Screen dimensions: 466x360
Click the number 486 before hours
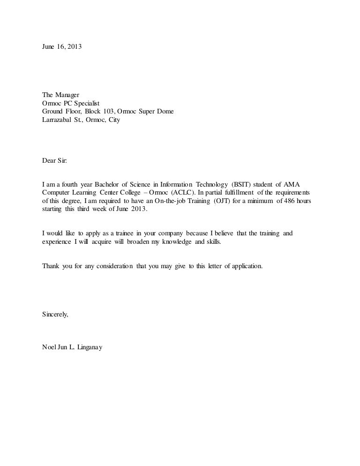click(287, 201)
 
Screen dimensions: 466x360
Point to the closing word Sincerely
click(55, 315)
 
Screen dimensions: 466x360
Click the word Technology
click(203, 184)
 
